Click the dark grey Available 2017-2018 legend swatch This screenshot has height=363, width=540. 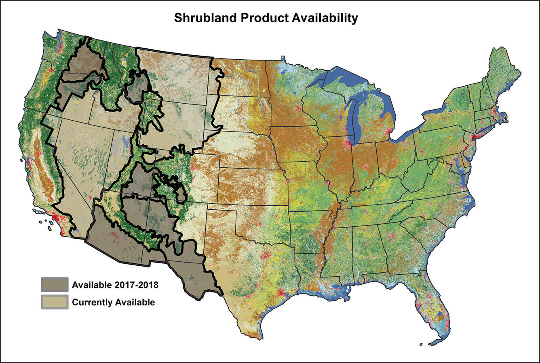[54, 284]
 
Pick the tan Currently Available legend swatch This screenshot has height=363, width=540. [54, 302]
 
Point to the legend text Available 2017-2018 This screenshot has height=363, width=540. [115, 285]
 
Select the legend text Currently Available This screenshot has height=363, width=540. [113, 302]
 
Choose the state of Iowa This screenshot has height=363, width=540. [297, 143]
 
